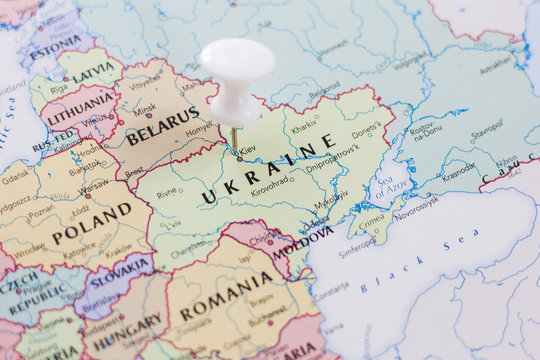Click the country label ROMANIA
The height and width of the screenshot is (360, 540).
point(228,296)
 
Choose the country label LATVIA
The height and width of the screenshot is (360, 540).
point(93,73)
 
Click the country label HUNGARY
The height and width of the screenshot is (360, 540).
point(124,326)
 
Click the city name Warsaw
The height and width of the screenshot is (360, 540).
point(94,185)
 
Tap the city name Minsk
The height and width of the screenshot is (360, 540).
point(145,109)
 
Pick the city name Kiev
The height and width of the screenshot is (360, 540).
point(247,149)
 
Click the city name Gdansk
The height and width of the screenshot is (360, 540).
point(16,179)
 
